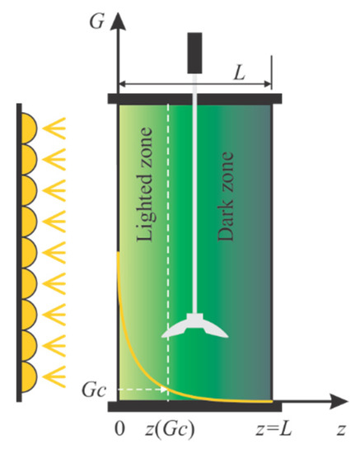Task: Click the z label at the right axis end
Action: pos(339,430)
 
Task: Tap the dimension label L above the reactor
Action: pos(238,72)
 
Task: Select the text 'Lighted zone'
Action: pos(147,194)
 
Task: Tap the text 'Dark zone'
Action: pos(225,195)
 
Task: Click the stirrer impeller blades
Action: pos(195,326)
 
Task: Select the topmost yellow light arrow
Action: pos(54,128)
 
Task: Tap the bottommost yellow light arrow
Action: pos(54,380)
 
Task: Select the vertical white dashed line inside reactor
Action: pos(168,247)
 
